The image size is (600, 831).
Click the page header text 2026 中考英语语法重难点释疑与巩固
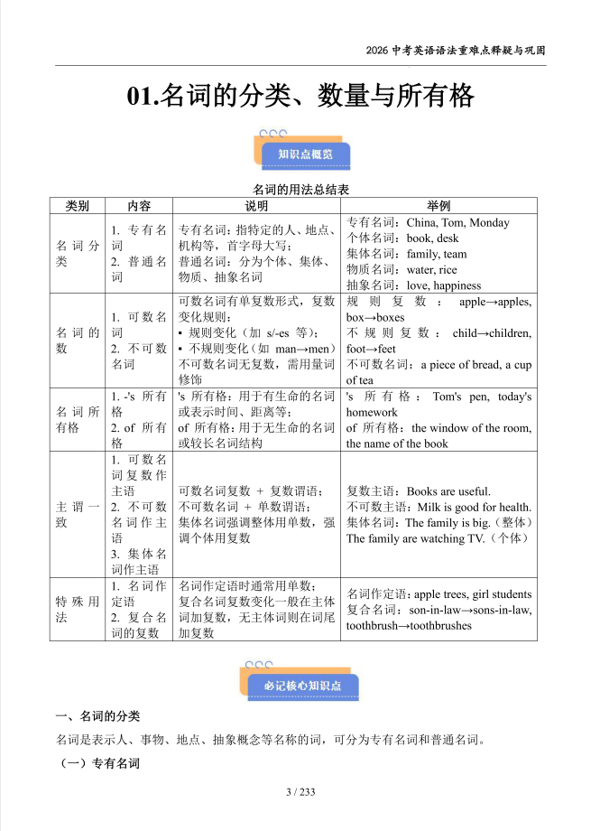tap(456, 50)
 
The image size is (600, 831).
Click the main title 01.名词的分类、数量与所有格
tap(300, 97)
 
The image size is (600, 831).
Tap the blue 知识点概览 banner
tap(305, 154)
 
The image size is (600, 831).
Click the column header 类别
tap(78, 206)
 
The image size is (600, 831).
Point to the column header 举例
tap(438, 206)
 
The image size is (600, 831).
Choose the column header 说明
tap(256, 206)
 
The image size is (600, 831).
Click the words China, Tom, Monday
tap(457, 223)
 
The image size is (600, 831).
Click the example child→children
tap(492, 333)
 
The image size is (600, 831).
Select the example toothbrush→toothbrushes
tap(409, 626)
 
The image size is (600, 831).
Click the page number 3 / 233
tap(300, 792)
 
